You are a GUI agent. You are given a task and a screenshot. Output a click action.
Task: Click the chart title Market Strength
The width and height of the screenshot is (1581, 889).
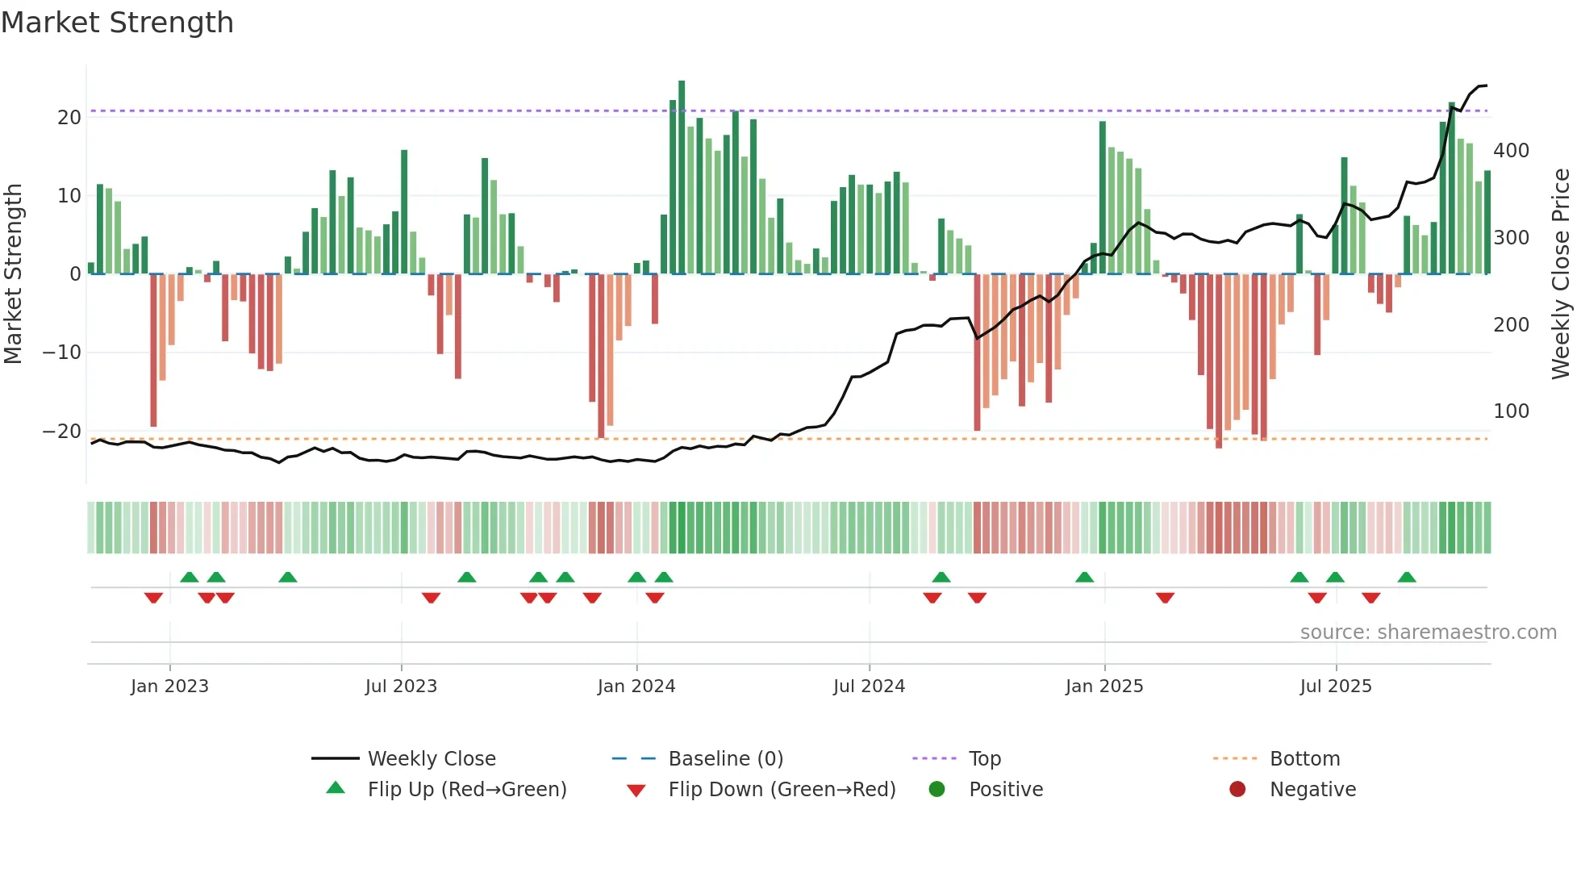click(x=117, y=23)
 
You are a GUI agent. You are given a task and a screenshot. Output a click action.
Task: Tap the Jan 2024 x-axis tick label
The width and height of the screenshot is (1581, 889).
click(x=636, y=687)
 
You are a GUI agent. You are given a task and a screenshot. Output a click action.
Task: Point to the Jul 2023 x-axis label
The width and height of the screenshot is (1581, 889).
click(x=401, y=687)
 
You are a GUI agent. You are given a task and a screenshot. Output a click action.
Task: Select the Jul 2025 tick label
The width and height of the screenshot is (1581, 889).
click(x=1336, y=687)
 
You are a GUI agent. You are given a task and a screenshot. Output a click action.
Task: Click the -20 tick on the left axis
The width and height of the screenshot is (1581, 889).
click(x=62, y=431)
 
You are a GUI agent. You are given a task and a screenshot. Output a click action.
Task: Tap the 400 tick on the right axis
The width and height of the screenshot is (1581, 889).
click(x=1511, y=151)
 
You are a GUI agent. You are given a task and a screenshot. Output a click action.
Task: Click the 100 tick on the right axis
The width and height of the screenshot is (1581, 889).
click(x=1511, y=411)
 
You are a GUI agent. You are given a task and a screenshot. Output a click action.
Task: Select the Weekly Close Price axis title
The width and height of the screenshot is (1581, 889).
click(x=1561, y=274)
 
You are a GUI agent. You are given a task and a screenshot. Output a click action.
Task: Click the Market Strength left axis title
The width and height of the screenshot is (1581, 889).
click(x=14, y=274)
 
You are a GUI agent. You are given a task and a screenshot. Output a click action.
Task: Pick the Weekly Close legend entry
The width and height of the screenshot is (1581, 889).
click(x=432, y=759)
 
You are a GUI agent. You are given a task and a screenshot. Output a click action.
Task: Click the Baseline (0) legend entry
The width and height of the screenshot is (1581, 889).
click(x=725, y=759)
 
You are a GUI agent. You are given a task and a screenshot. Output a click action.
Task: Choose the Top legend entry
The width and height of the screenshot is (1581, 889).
click(x=984, y=759)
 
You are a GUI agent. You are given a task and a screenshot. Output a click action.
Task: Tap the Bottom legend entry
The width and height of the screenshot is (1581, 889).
click(x=1304, y=759)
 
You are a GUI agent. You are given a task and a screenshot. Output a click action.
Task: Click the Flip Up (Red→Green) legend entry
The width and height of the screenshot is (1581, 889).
click(x=467, y=790)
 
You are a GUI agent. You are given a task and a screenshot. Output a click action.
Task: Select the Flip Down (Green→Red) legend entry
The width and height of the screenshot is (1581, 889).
click(x=782, y=790)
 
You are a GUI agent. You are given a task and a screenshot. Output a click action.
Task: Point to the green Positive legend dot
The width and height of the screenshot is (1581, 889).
click(x=937, y=789)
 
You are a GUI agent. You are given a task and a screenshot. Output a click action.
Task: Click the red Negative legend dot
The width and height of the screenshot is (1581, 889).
click(x=1237, y=789)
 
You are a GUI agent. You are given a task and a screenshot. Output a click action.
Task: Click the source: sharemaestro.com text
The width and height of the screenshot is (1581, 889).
click(x=1428, y=632)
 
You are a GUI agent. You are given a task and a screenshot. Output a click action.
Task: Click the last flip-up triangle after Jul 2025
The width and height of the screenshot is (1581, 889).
click(x=1407, y=578)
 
